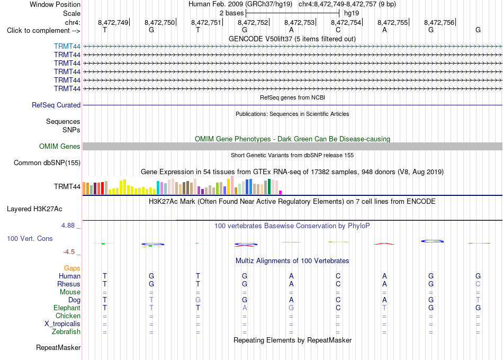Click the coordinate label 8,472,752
coord(253,22)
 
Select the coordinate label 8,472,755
coord(392,22)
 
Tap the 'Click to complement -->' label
coord(43,31)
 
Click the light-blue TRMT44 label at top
coord(67,46)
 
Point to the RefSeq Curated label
coord(56,105)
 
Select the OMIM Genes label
coord(60,146)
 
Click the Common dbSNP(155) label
coord(47,163)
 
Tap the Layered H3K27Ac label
coord(34,209)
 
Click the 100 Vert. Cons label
coord(30,238)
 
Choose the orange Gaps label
coord(72,268)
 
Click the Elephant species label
coord(67,308)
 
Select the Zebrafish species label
coord(66,332)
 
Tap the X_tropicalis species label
coord(62,324)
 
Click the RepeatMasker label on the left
coord(58,347)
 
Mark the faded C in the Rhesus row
coord(478,284)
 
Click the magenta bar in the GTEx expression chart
coord(280,193)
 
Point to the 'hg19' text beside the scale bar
coord(352,13)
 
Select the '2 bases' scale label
coord(231,13)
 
